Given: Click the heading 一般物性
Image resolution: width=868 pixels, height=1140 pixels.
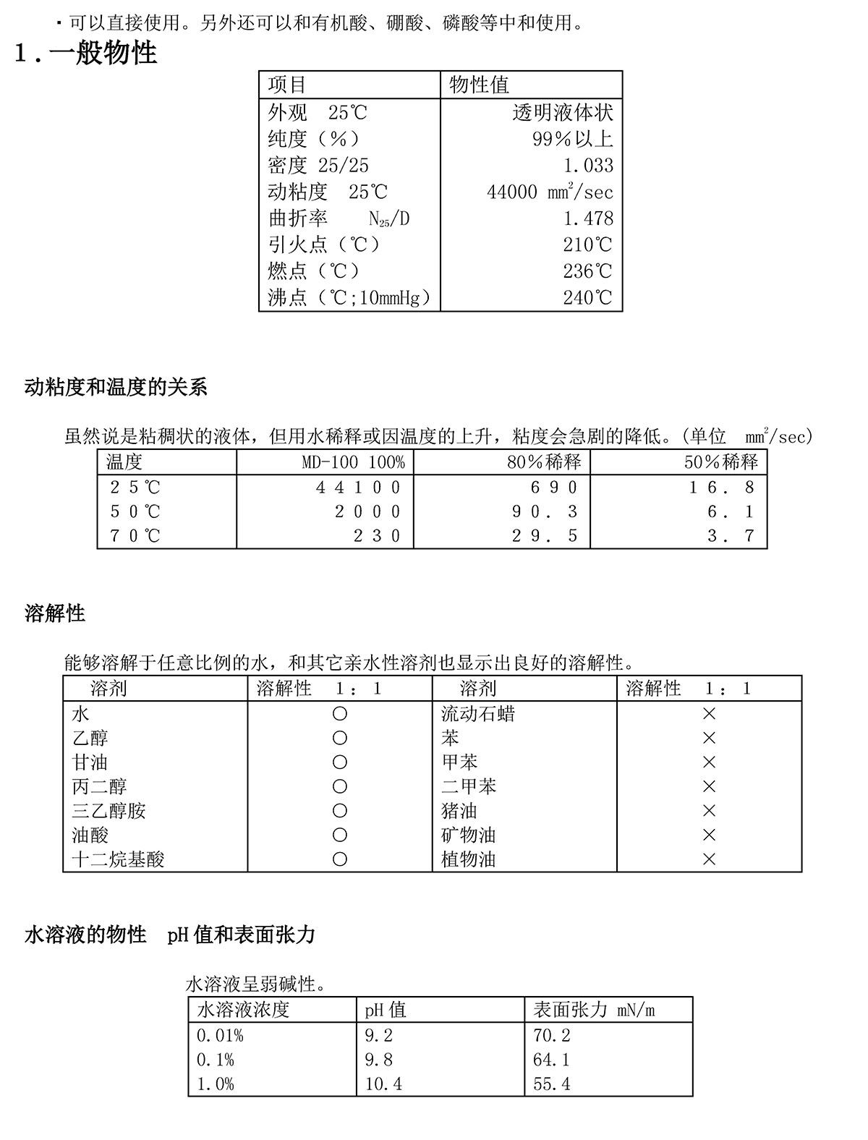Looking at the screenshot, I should [x=103, y=53].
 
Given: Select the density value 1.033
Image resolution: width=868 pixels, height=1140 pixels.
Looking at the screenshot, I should [x=588, y=166].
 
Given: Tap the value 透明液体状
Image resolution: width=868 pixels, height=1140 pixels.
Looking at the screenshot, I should [x=563, y=113].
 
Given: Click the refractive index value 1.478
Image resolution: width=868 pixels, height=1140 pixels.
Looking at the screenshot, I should [x=588, y=218].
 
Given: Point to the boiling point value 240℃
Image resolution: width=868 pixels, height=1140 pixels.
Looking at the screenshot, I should [x=587, y=298].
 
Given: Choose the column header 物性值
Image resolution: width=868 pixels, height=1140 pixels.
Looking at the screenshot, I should [x=479, y=85].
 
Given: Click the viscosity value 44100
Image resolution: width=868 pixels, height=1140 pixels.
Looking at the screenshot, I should [x=358, y=488].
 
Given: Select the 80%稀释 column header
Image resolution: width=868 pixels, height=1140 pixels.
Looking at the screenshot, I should [x=543, y=462].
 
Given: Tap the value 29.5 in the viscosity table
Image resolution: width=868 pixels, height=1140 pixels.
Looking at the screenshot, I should [x=545, y=536].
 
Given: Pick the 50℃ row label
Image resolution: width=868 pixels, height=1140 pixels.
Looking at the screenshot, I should [x=135, y=512].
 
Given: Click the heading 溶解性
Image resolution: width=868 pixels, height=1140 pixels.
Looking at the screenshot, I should [x=55, y=614].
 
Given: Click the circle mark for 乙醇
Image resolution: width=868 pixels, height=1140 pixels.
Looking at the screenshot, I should [x=339, y=739].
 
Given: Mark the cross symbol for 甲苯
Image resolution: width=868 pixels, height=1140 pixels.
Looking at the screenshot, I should [x=709, y=762].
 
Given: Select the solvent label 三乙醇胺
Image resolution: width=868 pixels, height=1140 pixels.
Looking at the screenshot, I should [x=109, y=811].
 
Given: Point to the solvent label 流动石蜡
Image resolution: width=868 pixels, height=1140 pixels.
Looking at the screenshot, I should [x=478, y=715].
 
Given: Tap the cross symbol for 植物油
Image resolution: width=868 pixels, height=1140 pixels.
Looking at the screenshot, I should [x=709, y=859].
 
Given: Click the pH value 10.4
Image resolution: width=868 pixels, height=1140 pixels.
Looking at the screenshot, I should [x=383, y=1084].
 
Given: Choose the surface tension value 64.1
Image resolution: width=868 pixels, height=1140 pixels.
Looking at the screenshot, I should [x=551, y=1060].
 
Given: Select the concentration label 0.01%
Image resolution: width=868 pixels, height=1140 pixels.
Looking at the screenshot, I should [x=220, y=1036].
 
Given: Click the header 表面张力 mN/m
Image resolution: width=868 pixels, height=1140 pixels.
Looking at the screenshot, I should [x=594, y=1010].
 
